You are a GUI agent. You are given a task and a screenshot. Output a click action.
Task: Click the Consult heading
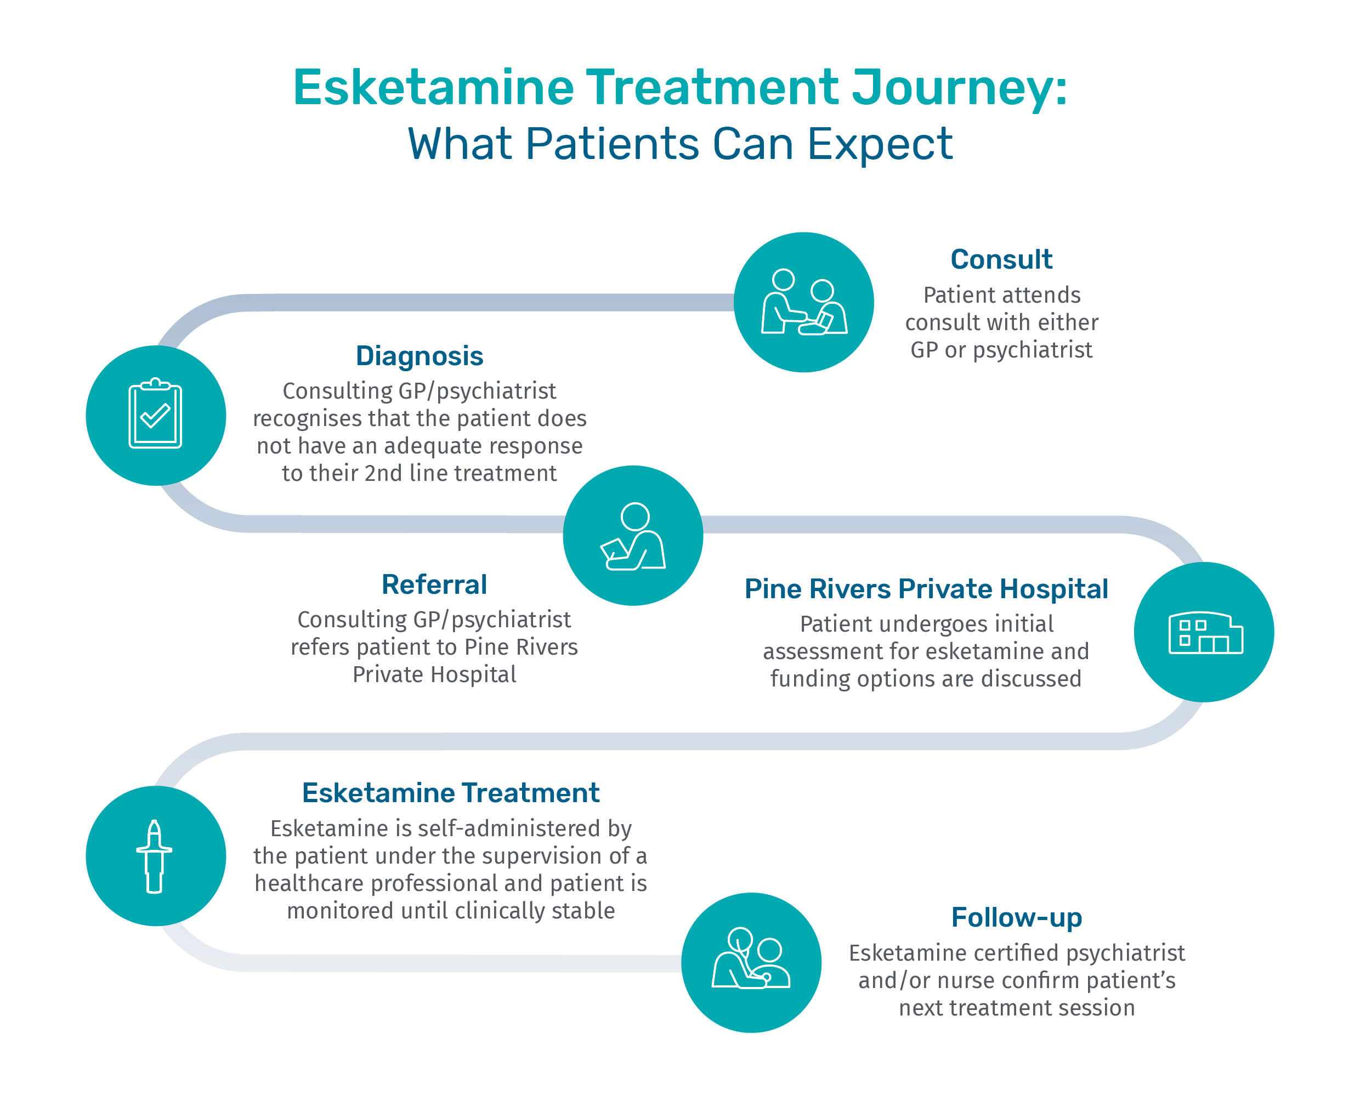pos(1001,259)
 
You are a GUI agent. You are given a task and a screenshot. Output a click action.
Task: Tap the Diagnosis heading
pos(420,356)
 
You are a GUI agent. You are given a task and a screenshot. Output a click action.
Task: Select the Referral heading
pos(434,584)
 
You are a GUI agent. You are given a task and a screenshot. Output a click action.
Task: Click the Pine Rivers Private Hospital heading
pos(926,588)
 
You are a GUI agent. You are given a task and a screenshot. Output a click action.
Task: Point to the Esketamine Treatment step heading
pos(450,793)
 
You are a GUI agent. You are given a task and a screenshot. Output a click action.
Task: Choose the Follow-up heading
pos(1016,918)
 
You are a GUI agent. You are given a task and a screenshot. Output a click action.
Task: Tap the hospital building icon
pos(1205,633)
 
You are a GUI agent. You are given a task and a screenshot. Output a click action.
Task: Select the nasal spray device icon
pos(154,856)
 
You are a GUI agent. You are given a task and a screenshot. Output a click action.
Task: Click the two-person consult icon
pos(804,302)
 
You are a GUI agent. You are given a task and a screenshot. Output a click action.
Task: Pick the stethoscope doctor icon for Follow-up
pos(751,958)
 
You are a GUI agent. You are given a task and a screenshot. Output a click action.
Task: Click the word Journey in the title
pos(959,88)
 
